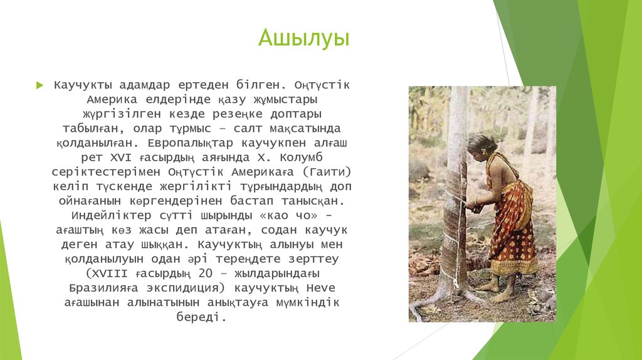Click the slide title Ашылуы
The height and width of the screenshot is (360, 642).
(x=304, y=38)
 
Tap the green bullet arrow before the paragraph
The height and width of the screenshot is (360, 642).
(x=39, y=85)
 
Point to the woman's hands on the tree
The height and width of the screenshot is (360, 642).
(x=472, y=204)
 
